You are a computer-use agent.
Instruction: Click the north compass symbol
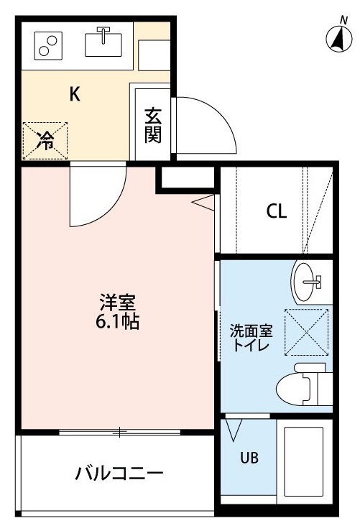(339, 37)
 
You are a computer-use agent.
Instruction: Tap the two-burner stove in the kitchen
(48, 45)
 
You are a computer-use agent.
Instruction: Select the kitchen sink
(103, 42)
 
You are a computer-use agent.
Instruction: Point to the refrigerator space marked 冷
(45, 141)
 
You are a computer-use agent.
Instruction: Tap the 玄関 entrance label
(152, 126)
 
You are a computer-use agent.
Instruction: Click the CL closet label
(277, 211)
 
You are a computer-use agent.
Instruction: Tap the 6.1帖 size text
(117, 322)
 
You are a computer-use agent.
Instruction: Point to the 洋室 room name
(117, 303)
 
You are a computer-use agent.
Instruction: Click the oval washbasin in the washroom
(304, 282)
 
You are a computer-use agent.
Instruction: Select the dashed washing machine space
(306, 332)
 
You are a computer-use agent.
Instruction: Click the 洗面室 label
(251, 331)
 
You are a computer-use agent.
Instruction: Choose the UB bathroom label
(249, 458)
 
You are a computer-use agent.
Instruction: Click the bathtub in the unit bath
(304, 461)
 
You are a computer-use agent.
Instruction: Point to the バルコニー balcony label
(119, 474)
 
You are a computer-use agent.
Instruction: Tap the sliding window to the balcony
(120, 432)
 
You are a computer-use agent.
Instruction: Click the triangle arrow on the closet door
(204, 203)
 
